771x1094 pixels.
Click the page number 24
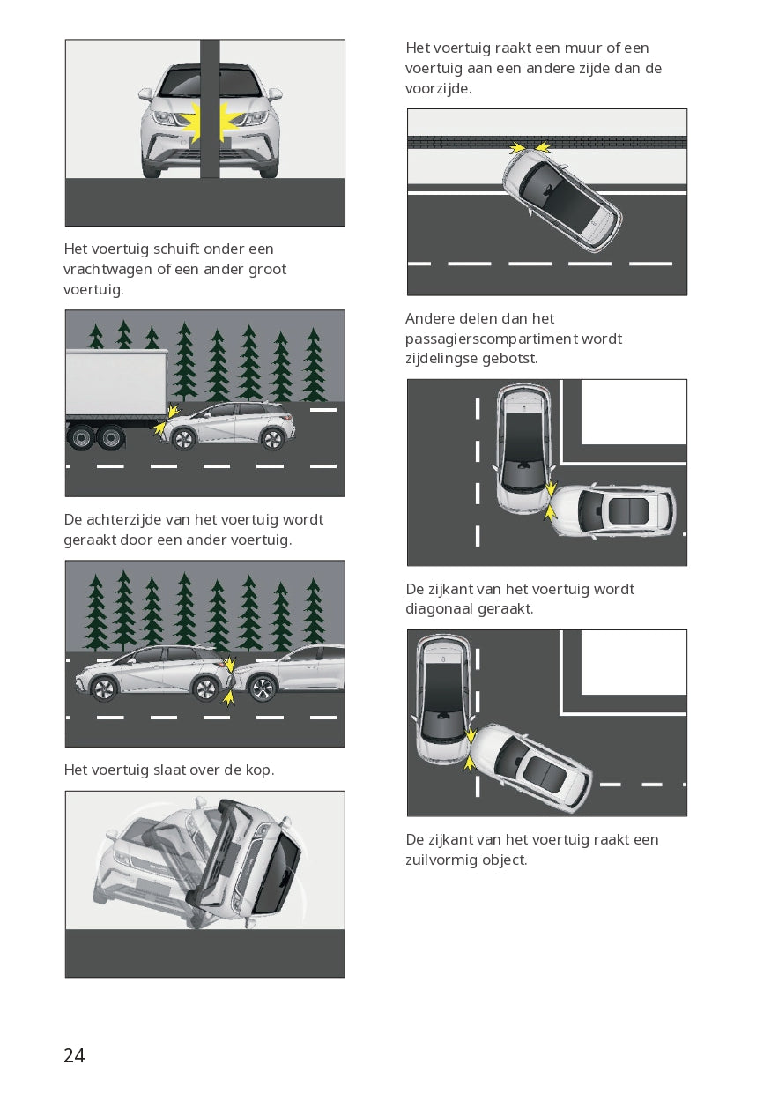pos(74,1055)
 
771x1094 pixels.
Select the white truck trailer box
pos(116,384)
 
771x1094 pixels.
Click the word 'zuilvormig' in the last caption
pos(441,860)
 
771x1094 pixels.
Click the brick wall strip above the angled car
pos(547,143)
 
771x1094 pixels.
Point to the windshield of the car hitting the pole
pos(210,83)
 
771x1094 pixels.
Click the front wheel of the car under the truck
pos(183,439)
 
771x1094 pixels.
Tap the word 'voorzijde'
pos(438,88)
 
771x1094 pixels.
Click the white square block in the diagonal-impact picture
pos(634,662)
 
